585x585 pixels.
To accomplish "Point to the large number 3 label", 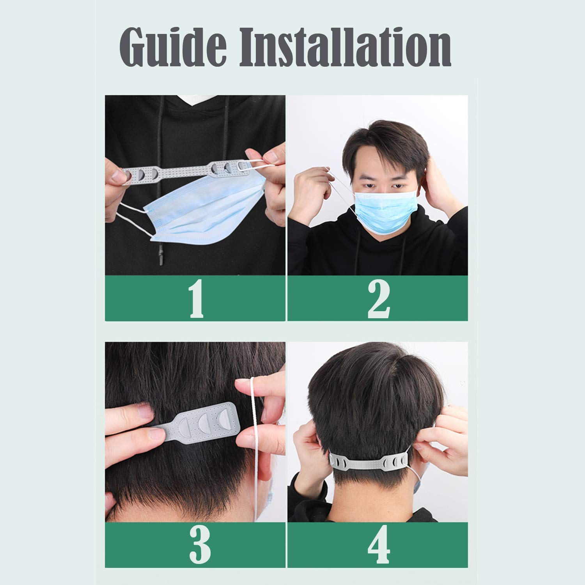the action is click(200, 544).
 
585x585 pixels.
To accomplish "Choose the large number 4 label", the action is click(378, 544).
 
